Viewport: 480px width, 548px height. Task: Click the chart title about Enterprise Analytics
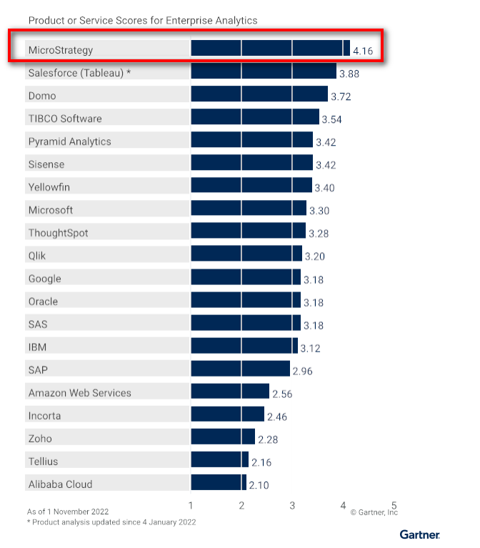pos(142,21)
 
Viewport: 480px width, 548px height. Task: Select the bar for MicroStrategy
pos(270,49)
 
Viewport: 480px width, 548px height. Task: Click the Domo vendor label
pos(42,96)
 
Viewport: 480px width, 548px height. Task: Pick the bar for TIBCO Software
pos(254,117)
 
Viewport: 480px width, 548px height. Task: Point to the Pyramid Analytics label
pos(69,141)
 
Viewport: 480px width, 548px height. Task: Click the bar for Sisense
pos(251,164)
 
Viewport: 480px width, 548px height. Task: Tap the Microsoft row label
pos(51,210)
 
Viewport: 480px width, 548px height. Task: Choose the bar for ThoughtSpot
pos(248,231)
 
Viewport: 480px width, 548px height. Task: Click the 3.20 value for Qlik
pos(314,256)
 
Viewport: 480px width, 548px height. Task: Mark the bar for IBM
pos(244,346)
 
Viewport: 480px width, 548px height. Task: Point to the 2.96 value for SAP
pos(302,371)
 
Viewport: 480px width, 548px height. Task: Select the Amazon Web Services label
pos(80,393)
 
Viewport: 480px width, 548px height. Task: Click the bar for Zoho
pos(222,437)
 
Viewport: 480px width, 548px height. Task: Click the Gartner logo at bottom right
pos(419,534)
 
